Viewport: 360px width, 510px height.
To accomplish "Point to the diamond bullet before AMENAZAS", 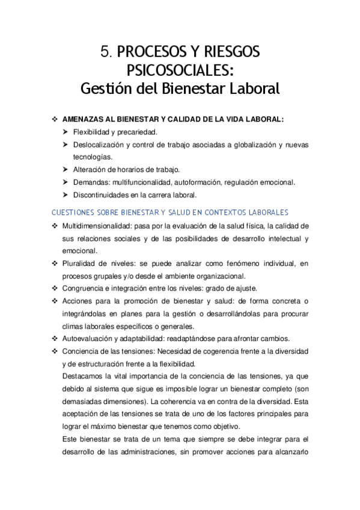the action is point(55,120).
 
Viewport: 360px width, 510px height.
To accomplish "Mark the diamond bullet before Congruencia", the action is point(55,289).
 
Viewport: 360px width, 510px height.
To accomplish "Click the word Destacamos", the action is point(84,376).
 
